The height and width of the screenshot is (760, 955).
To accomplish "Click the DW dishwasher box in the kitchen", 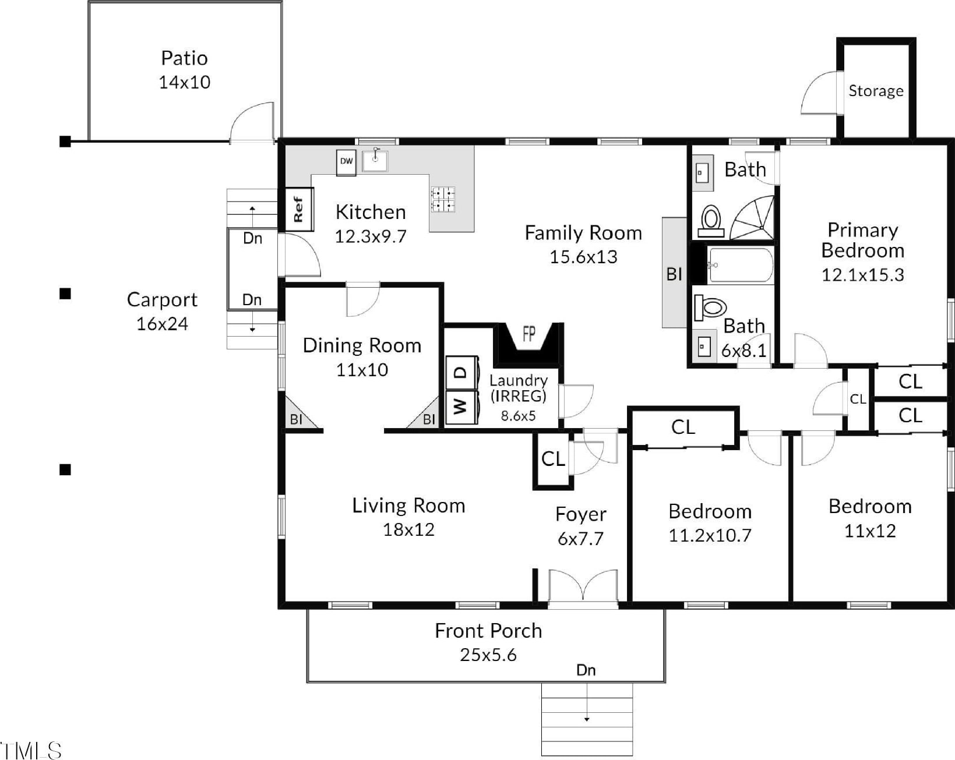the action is [346, 162].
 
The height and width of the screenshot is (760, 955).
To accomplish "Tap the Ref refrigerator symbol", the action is [299, 210].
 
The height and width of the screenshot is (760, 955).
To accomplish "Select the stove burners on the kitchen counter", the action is [443, 199].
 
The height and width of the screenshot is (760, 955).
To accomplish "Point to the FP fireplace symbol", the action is [528, 343].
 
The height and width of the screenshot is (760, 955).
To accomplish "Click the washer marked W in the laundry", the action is [461, 407].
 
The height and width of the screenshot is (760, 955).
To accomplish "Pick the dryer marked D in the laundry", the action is [461, 372].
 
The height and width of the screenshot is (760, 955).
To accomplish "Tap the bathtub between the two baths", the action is [741, 265].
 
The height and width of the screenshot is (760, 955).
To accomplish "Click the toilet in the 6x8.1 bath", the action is [710, 307].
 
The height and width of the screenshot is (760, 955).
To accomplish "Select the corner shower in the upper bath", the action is [753, 217].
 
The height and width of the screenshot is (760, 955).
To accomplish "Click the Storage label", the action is [876, 90].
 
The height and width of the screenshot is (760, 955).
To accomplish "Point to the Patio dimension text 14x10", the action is [185, 82].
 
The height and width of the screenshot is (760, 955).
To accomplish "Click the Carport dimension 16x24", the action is [163, 324].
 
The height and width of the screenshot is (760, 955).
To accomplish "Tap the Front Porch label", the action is [488, 631].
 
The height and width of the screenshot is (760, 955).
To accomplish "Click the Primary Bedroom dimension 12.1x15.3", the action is [863, 275].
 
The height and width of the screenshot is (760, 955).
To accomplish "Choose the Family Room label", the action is [583, 233].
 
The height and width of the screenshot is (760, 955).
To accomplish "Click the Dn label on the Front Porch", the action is [586, 670].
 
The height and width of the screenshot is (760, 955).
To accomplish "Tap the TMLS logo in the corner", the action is [31, 751].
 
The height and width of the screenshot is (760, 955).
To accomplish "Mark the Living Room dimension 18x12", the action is [408, 529].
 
